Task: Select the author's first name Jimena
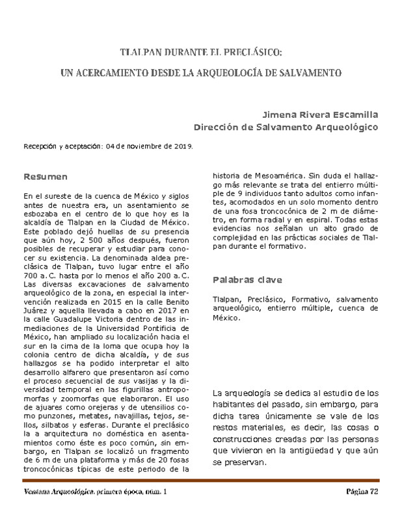coord(281,114)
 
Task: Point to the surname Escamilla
coord(352,114)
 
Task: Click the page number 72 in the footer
coord(373,492)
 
